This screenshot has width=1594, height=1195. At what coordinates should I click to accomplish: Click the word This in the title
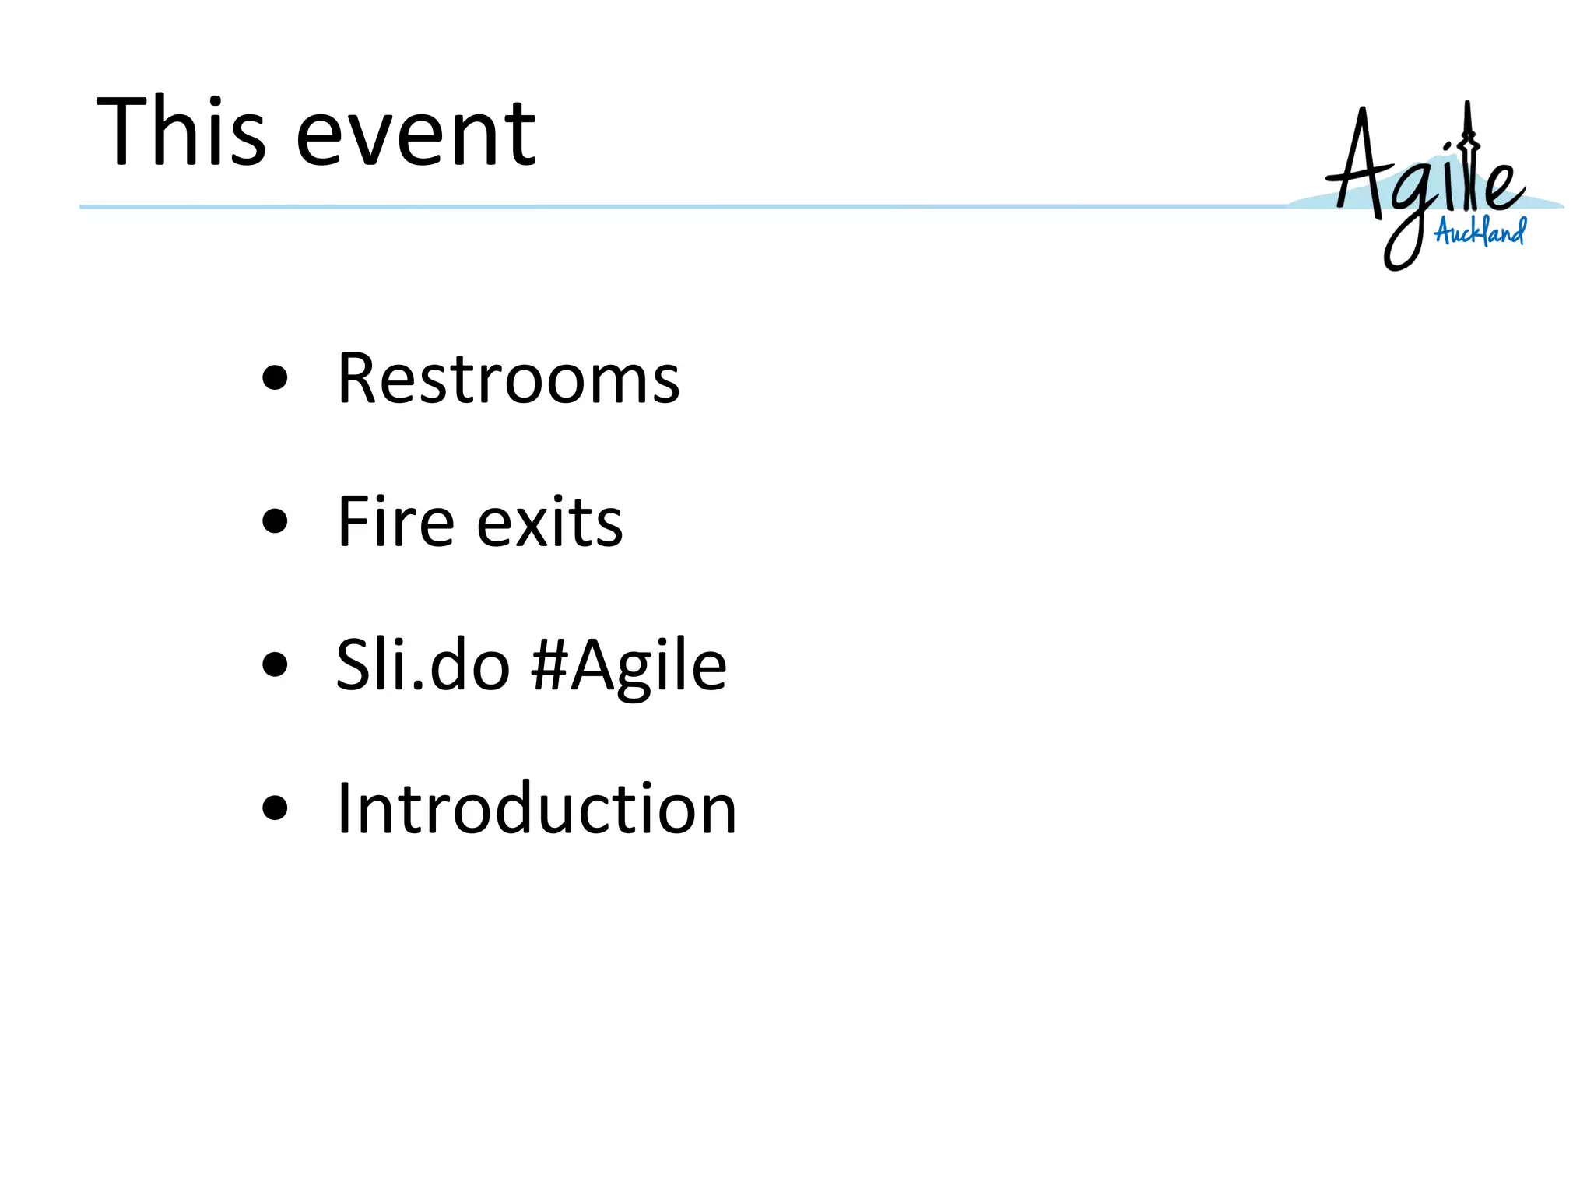click(x=181, y=131)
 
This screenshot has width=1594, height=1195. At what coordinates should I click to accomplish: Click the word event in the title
click(x=416, y=134)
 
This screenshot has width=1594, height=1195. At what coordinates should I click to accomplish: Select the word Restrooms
click(x=508, y=379)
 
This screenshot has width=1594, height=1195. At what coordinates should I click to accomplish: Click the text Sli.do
click(x=423, y=665)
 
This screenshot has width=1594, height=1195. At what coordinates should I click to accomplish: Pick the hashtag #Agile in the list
click(x=629, y=668)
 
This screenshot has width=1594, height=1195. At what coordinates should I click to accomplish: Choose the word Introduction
click(x=536, y=809)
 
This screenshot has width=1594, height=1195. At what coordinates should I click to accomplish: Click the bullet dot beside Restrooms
click(x=276, y=379)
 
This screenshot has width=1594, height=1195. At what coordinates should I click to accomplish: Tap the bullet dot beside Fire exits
click(x=276, y=521)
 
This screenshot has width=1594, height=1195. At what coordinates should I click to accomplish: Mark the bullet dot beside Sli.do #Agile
click(x=276, y=665)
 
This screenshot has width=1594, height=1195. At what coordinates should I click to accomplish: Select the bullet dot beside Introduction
click(x=276, y=808)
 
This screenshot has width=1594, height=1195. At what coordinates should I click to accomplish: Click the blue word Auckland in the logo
click(x=1480, y=231)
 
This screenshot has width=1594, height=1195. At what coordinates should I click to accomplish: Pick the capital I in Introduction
click(x=344, y=809)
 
